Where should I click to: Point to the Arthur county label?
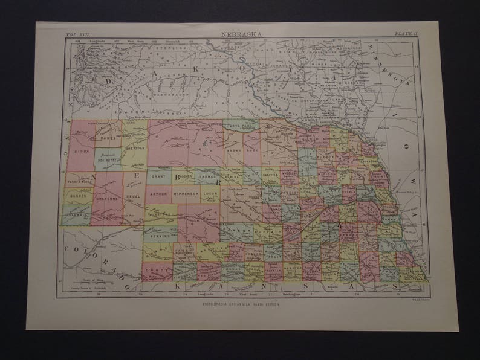coord(158,194)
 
